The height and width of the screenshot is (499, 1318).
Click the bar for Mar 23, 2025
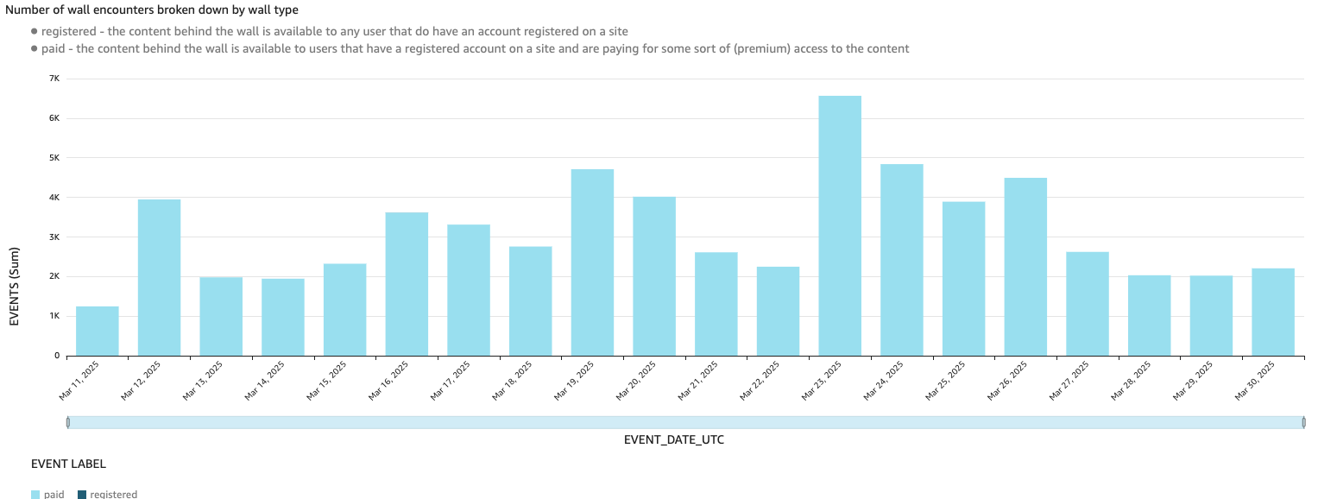pyautogui.click(x=840, y=225)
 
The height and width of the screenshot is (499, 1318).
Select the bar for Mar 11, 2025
pyautogui.click(x=98, y=331)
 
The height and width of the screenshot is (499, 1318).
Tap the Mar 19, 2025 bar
pyautogui.click(x=592, y=262)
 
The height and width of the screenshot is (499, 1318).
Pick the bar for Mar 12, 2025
pyautogui.click(x=159, y=277)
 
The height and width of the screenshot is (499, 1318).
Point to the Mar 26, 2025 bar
pyautogui.click(x=1025, y=267)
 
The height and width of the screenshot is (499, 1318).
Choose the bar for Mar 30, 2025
pyautogui.click(x=1273, y=312)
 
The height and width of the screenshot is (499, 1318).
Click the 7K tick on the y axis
pyautogui.click(x=54, y=79)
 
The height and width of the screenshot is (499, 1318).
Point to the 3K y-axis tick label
pyautogui.click(x=54, y=237)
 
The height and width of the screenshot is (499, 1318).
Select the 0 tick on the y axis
pyautogui.click(x=57, y=356)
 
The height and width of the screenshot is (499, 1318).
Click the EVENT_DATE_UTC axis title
pyautogui.click(x=673, y=440)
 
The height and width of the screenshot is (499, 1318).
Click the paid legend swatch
pyautogui.click(x=35, y=495)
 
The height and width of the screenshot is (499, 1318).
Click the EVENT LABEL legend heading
pyautogui.click(x=68, y=464)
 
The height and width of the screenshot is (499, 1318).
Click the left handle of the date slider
pyautogui.click(x=68, y=422)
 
